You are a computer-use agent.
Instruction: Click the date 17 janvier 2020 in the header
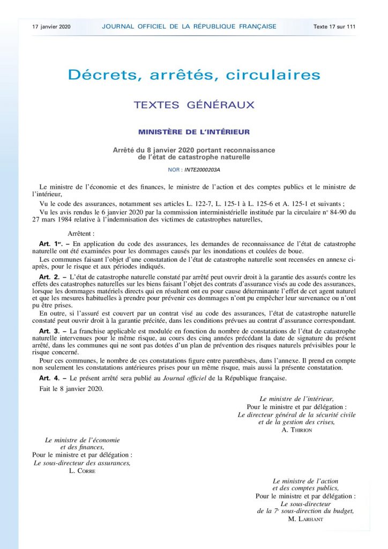(51, 26)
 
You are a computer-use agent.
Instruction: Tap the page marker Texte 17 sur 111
(334, 26)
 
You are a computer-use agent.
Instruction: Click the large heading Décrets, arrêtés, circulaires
(193, 75)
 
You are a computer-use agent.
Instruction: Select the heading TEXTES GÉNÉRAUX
(193, 105)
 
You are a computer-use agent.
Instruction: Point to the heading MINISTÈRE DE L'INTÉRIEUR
(193, 131)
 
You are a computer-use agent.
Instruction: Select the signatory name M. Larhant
(305, 518)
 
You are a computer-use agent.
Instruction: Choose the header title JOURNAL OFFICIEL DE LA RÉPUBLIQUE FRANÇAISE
(189, 26)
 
